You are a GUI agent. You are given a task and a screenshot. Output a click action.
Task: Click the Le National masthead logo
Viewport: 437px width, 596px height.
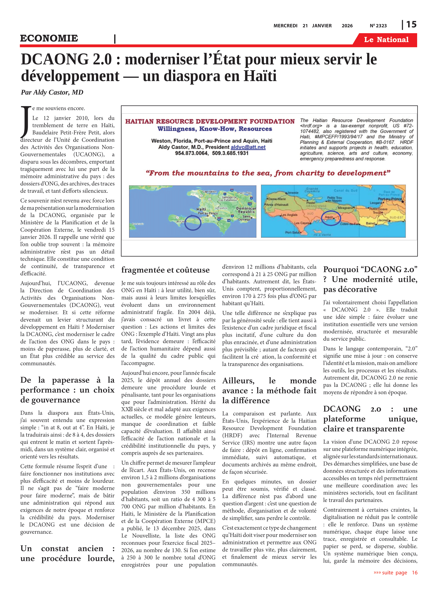(386, 40)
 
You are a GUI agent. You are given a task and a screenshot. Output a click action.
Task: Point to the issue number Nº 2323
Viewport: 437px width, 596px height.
(378, 26)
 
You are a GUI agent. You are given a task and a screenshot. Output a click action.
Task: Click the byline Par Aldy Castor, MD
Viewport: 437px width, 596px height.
(52, 92)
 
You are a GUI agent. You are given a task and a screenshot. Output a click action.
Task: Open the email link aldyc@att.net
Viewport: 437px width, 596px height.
(248, 147)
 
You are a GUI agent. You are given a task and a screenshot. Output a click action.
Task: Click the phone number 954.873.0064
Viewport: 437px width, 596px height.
(191, 153)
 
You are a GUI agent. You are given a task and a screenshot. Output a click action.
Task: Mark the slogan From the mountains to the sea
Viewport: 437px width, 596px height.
(268, 173)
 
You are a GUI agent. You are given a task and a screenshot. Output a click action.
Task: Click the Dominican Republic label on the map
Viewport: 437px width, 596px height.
(246, 210)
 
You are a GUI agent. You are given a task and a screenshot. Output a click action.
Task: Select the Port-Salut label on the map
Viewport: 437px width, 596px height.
(293, 232)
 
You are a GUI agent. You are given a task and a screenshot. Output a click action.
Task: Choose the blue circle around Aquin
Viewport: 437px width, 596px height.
(331, 218)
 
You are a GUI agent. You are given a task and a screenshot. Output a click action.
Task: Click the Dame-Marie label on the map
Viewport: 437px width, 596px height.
(277, 199)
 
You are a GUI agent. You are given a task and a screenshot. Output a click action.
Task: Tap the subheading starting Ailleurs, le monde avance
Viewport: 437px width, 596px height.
(269, 390)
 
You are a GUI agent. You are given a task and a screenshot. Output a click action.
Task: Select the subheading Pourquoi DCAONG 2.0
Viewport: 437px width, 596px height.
(370, 279)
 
